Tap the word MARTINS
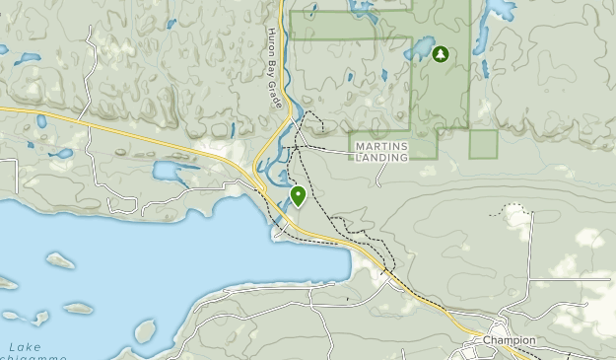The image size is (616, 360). pyautogui.click(x=379, y=147)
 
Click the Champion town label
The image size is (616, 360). pyautogui.click(x=510, y=340)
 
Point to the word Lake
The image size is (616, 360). pyautogui.click(x=25, y=347)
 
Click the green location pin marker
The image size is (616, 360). pyautogui.click(x=298, y=195)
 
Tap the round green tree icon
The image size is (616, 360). pyautogui.click(x=440, y=54)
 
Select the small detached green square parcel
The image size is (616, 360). pyautogui.click(x=483, y=144)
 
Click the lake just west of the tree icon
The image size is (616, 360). pyautogui.click(x=419, y=49)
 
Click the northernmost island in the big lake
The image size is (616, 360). pyautogui.click(x=61, y=261)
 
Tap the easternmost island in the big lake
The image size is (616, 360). pyautogui.click(x=144, y=330)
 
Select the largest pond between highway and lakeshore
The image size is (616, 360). pyautogui.click(x=173, y=174)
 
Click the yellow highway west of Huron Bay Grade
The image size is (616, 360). pyautogui.click(x=148, y=138)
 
